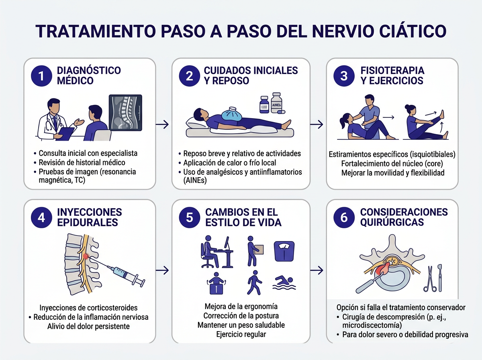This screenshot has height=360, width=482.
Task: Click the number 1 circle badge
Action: pos(41,76)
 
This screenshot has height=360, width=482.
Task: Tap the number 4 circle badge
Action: pos(41,217)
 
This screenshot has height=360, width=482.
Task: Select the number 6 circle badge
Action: pos(344,217)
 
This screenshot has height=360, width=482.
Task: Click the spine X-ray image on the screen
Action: pos(126,112)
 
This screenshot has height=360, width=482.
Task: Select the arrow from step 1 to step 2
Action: pos(162,125)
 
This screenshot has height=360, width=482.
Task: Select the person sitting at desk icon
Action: pos(213,252)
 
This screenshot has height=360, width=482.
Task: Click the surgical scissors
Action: pos(429,278)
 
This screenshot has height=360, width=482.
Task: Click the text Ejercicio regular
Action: pos(241,334)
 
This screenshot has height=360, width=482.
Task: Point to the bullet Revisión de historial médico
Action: pos(82,162)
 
